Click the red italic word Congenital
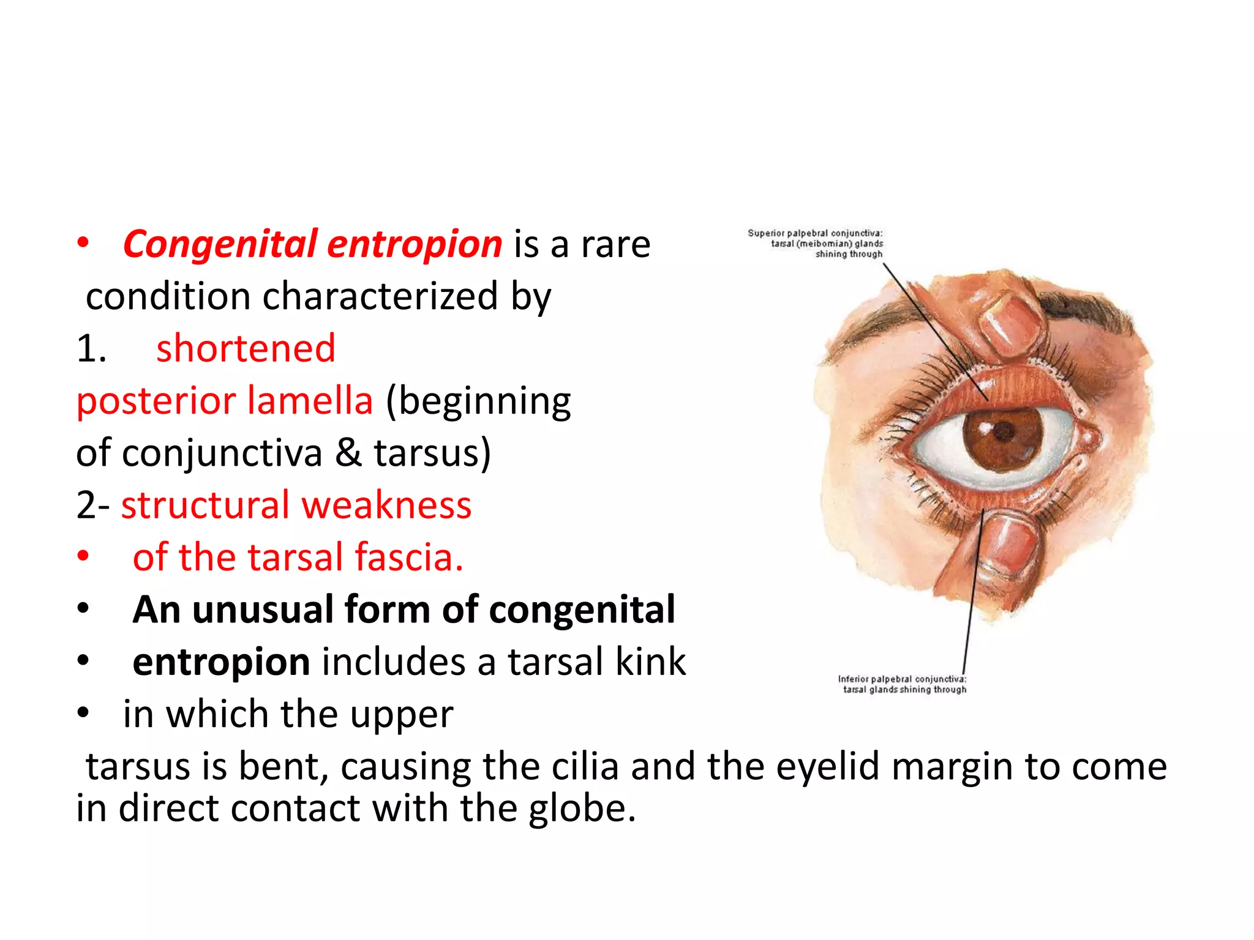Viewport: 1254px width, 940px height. (220, 245)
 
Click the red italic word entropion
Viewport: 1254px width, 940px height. (415, 245)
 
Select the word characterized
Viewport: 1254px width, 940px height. (380, 297)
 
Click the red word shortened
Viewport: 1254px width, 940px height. (246, 349)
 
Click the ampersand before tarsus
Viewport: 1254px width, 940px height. (348, 453)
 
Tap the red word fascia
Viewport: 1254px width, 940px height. (408, 558)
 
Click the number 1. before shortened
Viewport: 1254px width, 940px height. (91, 349)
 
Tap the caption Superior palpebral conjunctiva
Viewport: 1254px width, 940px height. (815, 233)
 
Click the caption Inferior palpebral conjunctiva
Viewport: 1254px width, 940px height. (902, 679)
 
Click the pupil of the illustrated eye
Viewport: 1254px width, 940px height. (1003, 432)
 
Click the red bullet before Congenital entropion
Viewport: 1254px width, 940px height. (83, 243)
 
